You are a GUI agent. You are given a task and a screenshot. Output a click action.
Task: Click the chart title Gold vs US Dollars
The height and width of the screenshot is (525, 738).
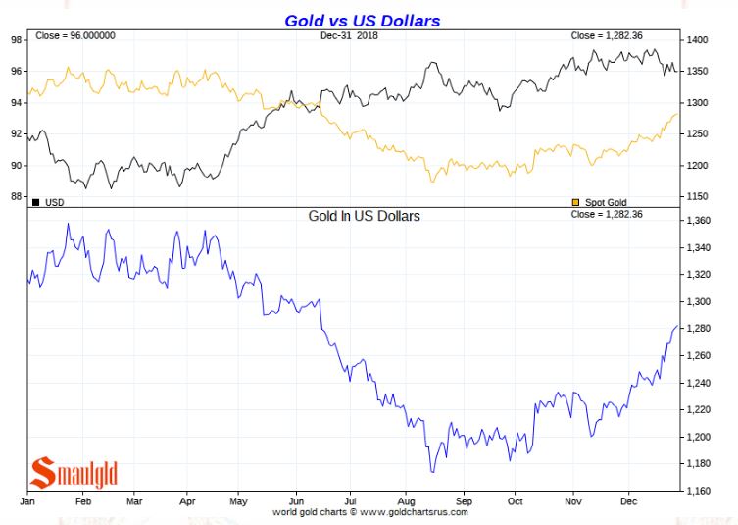coord(362,20)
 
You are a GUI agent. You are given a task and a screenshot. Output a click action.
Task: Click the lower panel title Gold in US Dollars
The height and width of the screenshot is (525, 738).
coord(364,215)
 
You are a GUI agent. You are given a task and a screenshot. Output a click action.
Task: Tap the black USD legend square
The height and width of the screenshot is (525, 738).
coord(36,202)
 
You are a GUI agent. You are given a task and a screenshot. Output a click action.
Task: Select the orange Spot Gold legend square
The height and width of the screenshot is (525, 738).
coord(575,202)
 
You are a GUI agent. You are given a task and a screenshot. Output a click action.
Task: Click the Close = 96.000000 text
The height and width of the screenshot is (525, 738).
coord(75,36)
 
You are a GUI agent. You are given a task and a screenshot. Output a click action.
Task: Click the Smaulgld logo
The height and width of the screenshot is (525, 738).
coord(74,472)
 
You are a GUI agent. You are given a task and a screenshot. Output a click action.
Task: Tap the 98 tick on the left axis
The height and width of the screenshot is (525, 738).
coord(17,40)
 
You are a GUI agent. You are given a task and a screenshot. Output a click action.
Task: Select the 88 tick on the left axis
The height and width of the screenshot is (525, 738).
coord(17,196)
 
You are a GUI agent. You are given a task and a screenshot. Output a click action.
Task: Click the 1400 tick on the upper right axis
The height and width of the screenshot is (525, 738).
coord(698,40)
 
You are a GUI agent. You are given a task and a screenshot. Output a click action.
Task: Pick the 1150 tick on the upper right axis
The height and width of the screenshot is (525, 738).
coord(698,196)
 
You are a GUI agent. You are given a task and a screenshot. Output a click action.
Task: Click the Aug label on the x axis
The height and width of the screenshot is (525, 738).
coord(406,500)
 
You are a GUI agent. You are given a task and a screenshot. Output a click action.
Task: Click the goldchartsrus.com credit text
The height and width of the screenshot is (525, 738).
coord(371,512)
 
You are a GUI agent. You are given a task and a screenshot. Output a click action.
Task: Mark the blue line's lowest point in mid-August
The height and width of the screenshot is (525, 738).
coord(431,472)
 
